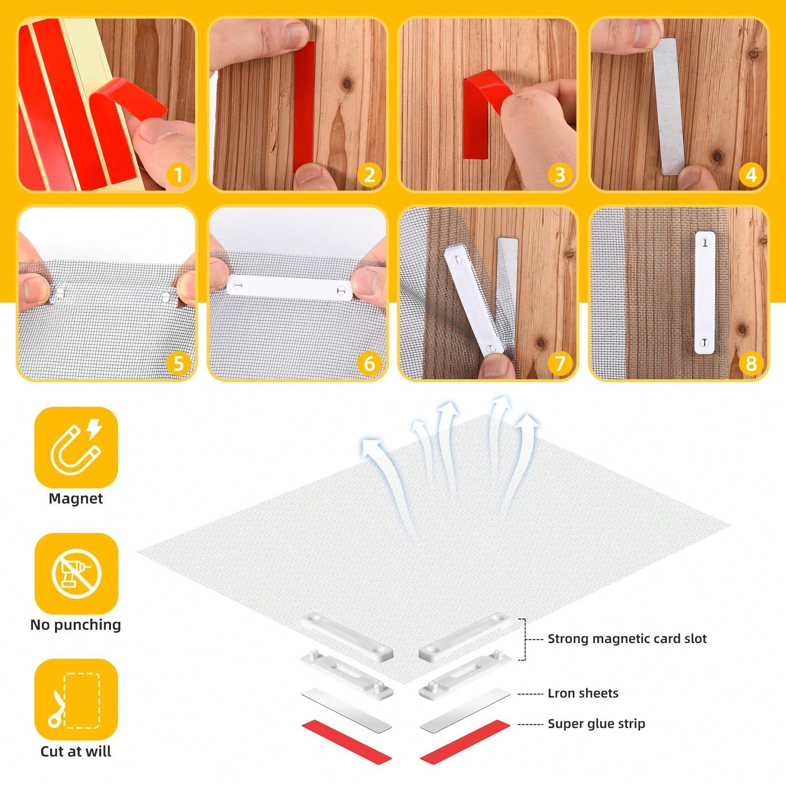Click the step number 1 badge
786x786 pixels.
pos(178,175)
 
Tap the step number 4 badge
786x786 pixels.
pos(751,175)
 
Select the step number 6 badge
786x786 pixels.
pos(369,364)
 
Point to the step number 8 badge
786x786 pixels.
pos(751,364)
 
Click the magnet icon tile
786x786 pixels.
pos(76,447)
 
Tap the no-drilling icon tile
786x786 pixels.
pos(76,573)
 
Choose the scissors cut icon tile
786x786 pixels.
pos(76,700)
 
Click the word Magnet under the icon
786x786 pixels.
pos(76,499)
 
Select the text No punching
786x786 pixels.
pos(76,625)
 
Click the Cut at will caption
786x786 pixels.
pos(76,751)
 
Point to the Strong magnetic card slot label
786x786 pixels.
pos(627,639)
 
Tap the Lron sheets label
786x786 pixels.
pos(583,693)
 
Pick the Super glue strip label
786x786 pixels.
pos(596,724)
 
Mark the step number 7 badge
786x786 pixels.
pos(560,364)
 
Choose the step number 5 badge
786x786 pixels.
pos(178,364)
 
